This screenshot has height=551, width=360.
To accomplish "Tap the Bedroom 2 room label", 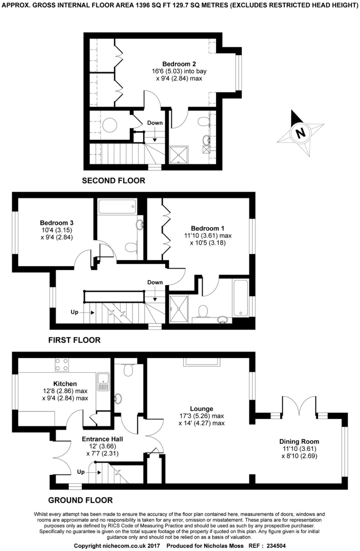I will pyautogui.click(x=179, y=64).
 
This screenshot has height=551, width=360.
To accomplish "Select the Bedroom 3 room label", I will pyautogui.click(x=56, y=223).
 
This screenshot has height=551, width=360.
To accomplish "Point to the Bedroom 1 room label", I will pyautogui.click(x=207, y=229).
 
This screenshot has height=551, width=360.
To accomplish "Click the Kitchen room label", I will pyautogui.click(x=65, y=384).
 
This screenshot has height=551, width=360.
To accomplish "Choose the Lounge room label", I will pyautogui.click(x=201, y=409).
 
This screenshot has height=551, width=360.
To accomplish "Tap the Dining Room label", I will pyautogui.click(x=299, y=441).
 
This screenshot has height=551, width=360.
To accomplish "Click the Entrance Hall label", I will pyautogui.click(x=102, y=439).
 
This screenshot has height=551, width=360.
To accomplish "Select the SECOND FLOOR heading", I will pyautogui.click(x=113, y=181).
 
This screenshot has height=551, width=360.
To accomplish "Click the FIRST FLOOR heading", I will pyautogui.click(x=74, y=340).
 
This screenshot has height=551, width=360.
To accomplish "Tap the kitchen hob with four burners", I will pyautogui.click(x=62, y=365).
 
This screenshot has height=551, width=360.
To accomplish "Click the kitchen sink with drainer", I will pyautogui.click(x=103, y=382).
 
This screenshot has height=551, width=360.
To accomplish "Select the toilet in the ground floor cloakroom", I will pyautogui.click(x=128, y=369).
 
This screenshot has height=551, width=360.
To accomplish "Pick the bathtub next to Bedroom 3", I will pyautogui.click(x=117, y=206).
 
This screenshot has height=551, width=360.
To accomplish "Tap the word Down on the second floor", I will pyautogui.click(x=155, y=123).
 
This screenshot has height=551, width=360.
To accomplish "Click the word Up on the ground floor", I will pyautogui.click(x=81, y=472).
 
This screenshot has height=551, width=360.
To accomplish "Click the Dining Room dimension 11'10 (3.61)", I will pyautogui.click(x=299, y=449).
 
